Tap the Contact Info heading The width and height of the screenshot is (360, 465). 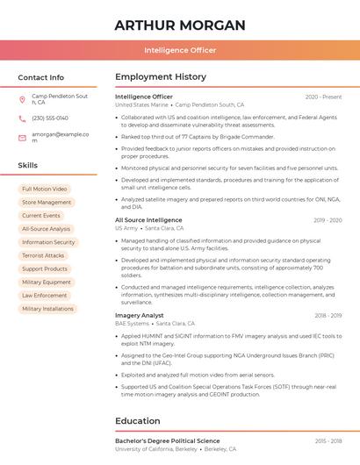coord(41,77)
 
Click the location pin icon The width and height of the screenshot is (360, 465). coord(22,99)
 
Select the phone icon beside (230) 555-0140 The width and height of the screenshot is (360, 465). coord(22,118)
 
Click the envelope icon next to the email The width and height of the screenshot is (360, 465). coord(22,137)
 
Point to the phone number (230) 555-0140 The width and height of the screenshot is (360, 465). coord(50,118)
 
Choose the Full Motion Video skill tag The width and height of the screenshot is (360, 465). coord(44,189)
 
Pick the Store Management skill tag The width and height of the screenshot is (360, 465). coord(47,202)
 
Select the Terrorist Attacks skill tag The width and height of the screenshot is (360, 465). coord(43,255)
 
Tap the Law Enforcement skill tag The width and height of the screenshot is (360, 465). coord(45,296)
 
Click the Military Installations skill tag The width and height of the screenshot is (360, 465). coord(47,309)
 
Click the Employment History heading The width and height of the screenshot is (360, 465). coord(161,77)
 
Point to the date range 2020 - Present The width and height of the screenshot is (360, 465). coord(323,97)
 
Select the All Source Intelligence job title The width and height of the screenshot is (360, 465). coord(148,219)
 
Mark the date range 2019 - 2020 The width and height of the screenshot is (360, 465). coord(327,220)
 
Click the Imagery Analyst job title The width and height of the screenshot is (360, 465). coord(140,315)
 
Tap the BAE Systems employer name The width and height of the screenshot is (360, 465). coord(132,324)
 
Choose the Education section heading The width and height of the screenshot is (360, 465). coord(138,420)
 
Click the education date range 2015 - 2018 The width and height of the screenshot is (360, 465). coord(328,440)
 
